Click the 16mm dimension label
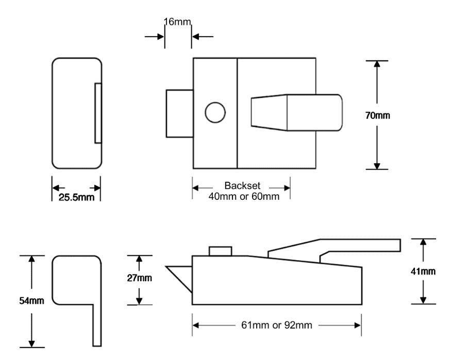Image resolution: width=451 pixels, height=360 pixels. (178, 22)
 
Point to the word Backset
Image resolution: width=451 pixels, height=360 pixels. (241, 186)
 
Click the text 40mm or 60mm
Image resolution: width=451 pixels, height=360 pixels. (241, 196)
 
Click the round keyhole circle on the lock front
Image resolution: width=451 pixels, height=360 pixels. (215, 112)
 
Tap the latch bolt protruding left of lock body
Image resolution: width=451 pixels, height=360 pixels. (179, 113)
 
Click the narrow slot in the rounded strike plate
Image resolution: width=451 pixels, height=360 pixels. (98, 112)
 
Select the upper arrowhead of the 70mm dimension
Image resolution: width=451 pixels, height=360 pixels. (377, 64)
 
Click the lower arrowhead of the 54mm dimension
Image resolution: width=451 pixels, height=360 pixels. (32, 342)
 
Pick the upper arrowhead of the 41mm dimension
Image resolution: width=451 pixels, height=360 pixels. (424, 242)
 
